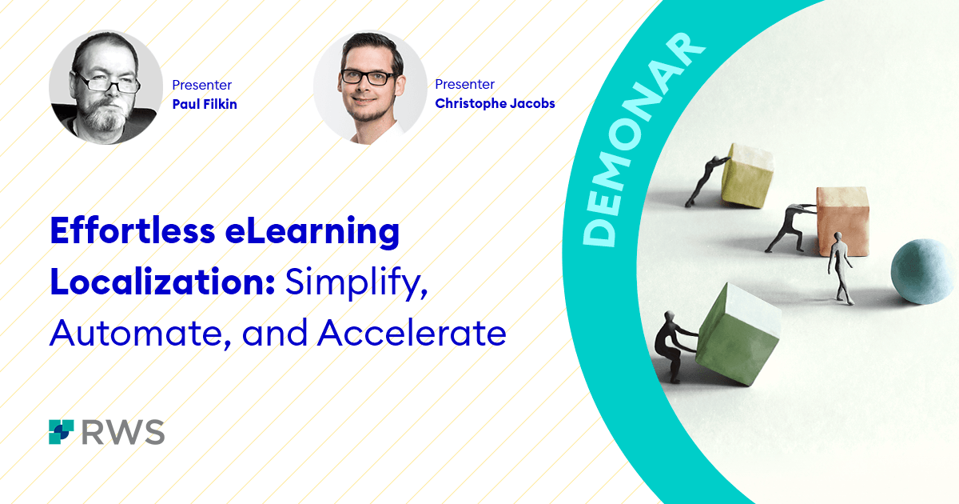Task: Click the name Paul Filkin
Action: coord(205,104)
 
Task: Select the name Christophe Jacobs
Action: coord(495,104)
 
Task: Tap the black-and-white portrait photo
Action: coord(105,87)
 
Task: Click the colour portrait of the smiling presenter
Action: coord(370,87)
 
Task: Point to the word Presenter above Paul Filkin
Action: coord(201,85)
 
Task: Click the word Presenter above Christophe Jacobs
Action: coord(464,84)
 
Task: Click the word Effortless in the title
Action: coord(133,230)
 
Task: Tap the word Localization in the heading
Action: coord(162,282)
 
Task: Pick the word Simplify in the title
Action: coord(356,284)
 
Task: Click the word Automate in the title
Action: coord(141,334)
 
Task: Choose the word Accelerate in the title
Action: coord(412,332)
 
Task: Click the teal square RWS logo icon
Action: coord(62,432)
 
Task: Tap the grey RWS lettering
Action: coord(123,432)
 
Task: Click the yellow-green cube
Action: coord(747,175)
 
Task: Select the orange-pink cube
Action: coord(842,222)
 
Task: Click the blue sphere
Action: coord(925,272)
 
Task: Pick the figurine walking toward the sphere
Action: coord(840,268)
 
